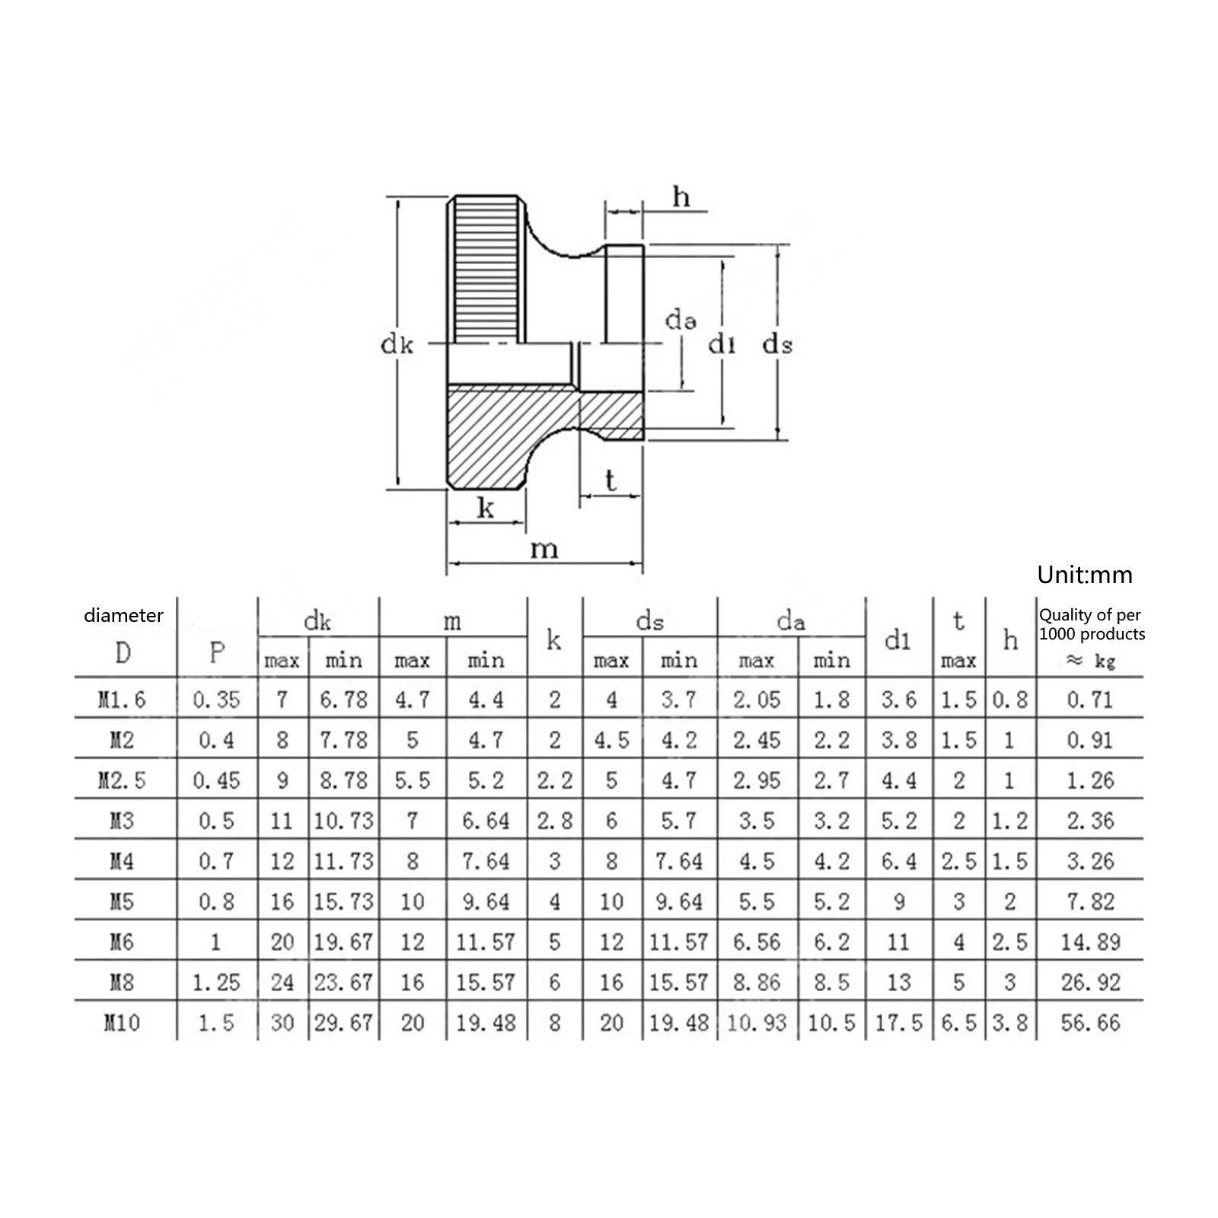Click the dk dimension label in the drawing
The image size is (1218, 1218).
click(x=397, y=345)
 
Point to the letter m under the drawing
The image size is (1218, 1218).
click(x=544, y=549)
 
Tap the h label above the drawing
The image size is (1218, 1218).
click(x=681, y=197)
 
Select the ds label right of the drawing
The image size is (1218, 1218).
click(x=777, y=345)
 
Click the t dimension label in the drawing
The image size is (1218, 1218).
click(x=611, y=480)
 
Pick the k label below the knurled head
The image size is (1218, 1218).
click(x=486, y=508)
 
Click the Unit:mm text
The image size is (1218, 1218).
click(x=1085, y=575)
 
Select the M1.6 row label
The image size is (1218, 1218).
click(x=122, y=700)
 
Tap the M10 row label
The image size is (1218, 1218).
click(x=122, y=1022)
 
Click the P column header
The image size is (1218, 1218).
click(x=217, y=652)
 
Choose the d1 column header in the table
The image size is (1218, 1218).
click(x=898, y=641)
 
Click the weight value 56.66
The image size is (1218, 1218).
click(x=1091, y=1022)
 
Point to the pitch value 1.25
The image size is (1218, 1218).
click(x=217, y=982)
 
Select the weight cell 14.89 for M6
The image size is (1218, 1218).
click(x=1091, y=942)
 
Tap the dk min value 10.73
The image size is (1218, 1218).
click(x=344, y=821)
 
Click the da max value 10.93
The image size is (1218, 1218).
click(x=757, y=1022)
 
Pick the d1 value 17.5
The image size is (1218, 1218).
click(x=898, y=1022)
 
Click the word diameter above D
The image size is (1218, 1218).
click(x=123, y=615)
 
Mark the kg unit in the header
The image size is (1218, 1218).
click(x=1105, y=662)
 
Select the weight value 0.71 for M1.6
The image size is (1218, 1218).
click(x=1090, y=700)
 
